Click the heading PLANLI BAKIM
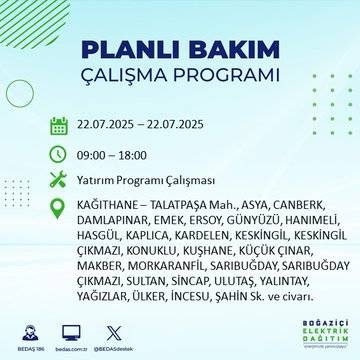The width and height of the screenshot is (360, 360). point(179,51)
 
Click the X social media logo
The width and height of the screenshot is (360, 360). point(112,330)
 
